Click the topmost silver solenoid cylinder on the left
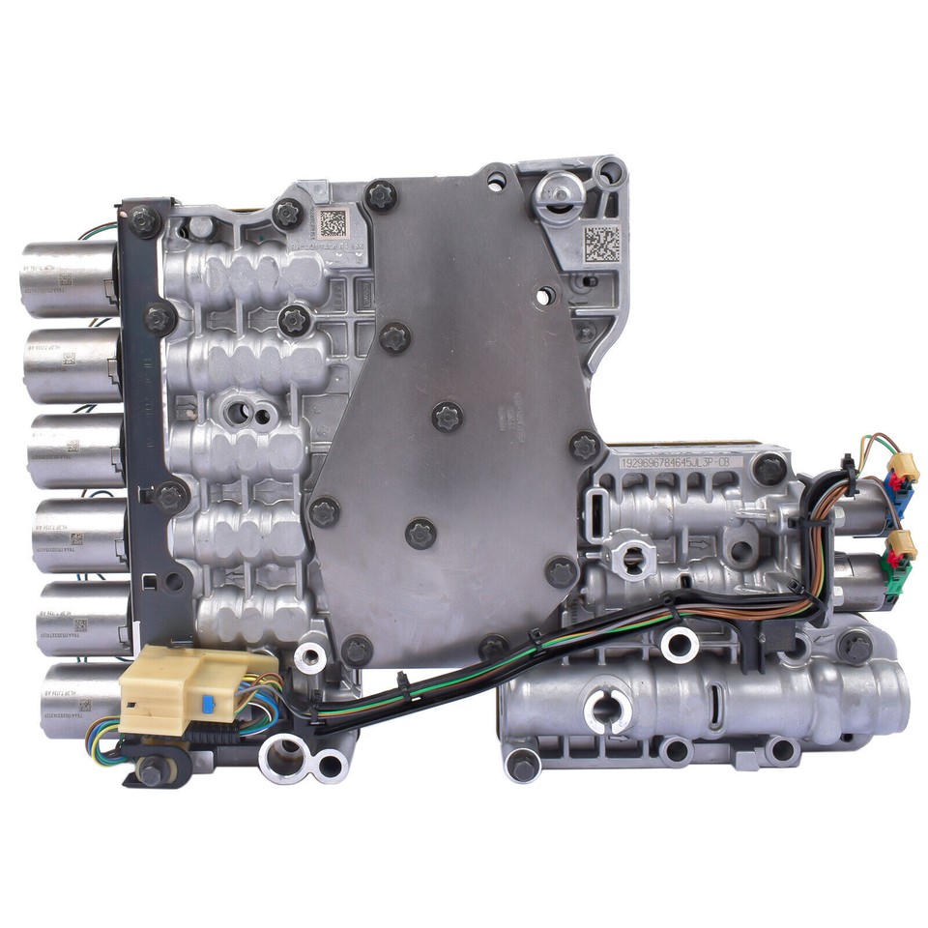[x=70, y=279]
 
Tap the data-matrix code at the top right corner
[x=601, y=245]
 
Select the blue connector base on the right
[x=903, y=498]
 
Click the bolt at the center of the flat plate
[x=447, y=417]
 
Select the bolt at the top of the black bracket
[x=143, y=220]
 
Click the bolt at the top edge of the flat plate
[x=381, y=197]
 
